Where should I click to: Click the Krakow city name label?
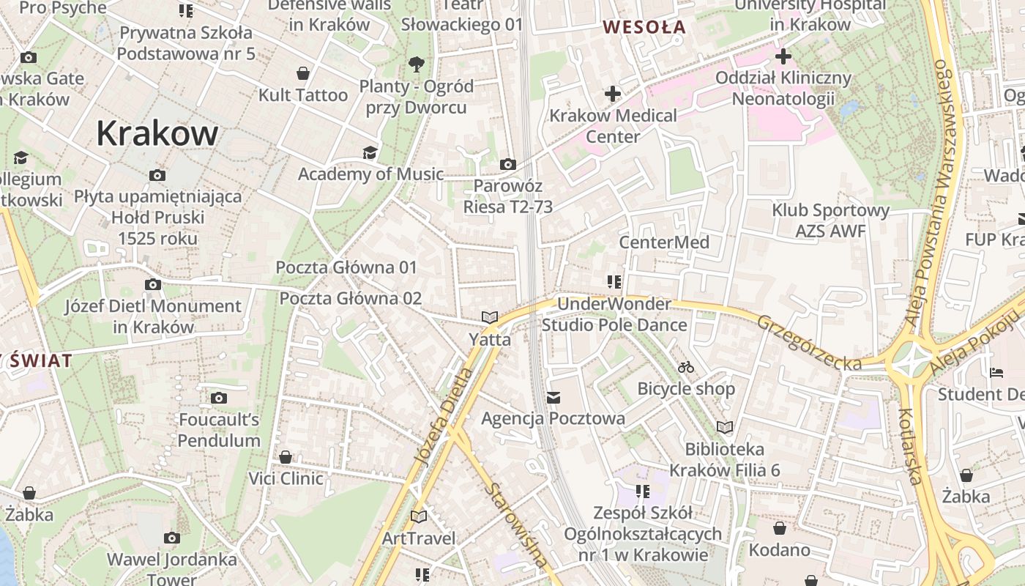pyautogui.click(x=157, y=133)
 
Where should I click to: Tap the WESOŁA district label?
pyautogui.click(x=644, y=27)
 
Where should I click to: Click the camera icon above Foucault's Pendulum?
pyautogui.click(x=218, y=398)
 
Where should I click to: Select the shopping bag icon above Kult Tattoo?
pyautogui.click(x=303, y=73)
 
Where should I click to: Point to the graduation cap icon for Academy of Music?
pyautogui.click(x=370, y=152)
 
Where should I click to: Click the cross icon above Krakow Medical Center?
pyautogui.click(x=613, y=94)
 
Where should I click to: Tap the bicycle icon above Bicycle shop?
pyautogui.click(x=686, y=367)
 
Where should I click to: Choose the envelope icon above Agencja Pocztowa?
pyautogui.click(x=553, y=397)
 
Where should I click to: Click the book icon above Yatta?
pyautogui.click(x=490, y=318)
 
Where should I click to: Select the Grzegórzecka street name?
pyautogui.click(x=809, y=343)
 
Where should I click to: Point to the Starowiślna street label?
pyautogui.click(x=517, y=524)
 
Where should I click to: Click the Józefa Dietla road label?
pyautogui.click(x=444, y=416)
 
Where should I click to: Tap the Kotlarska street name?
pyautogui.click(x=909, y=447)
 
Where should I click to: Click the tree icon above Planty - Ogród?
pyautogui.click(x=417, y=64)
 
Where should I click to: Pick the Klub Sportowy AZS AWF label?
pyautogui.click(x=830, y=220)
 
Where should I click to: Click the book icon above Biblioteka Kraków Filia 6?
pyautogui.click(x=725, y=427)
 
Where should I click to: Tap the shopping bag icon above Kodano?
pyautogui.click(x=780, y=528)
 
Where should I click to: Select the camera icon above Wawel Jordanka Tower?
pyautogui.click(x=172, y=538)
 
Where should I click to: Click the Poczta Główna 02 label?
pyautogui.click(x=351, y=298)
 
